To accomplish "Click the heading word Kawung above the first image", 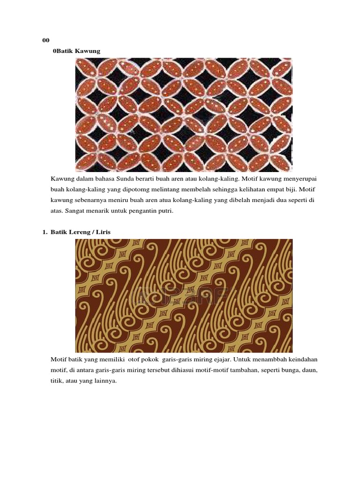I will tap(88, 51).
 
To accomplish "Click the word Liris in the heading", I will tap(103, 232).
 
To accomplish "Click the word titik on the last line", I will tap(56, 381).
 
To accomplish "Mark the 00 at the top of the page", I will tap(45, 40).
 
